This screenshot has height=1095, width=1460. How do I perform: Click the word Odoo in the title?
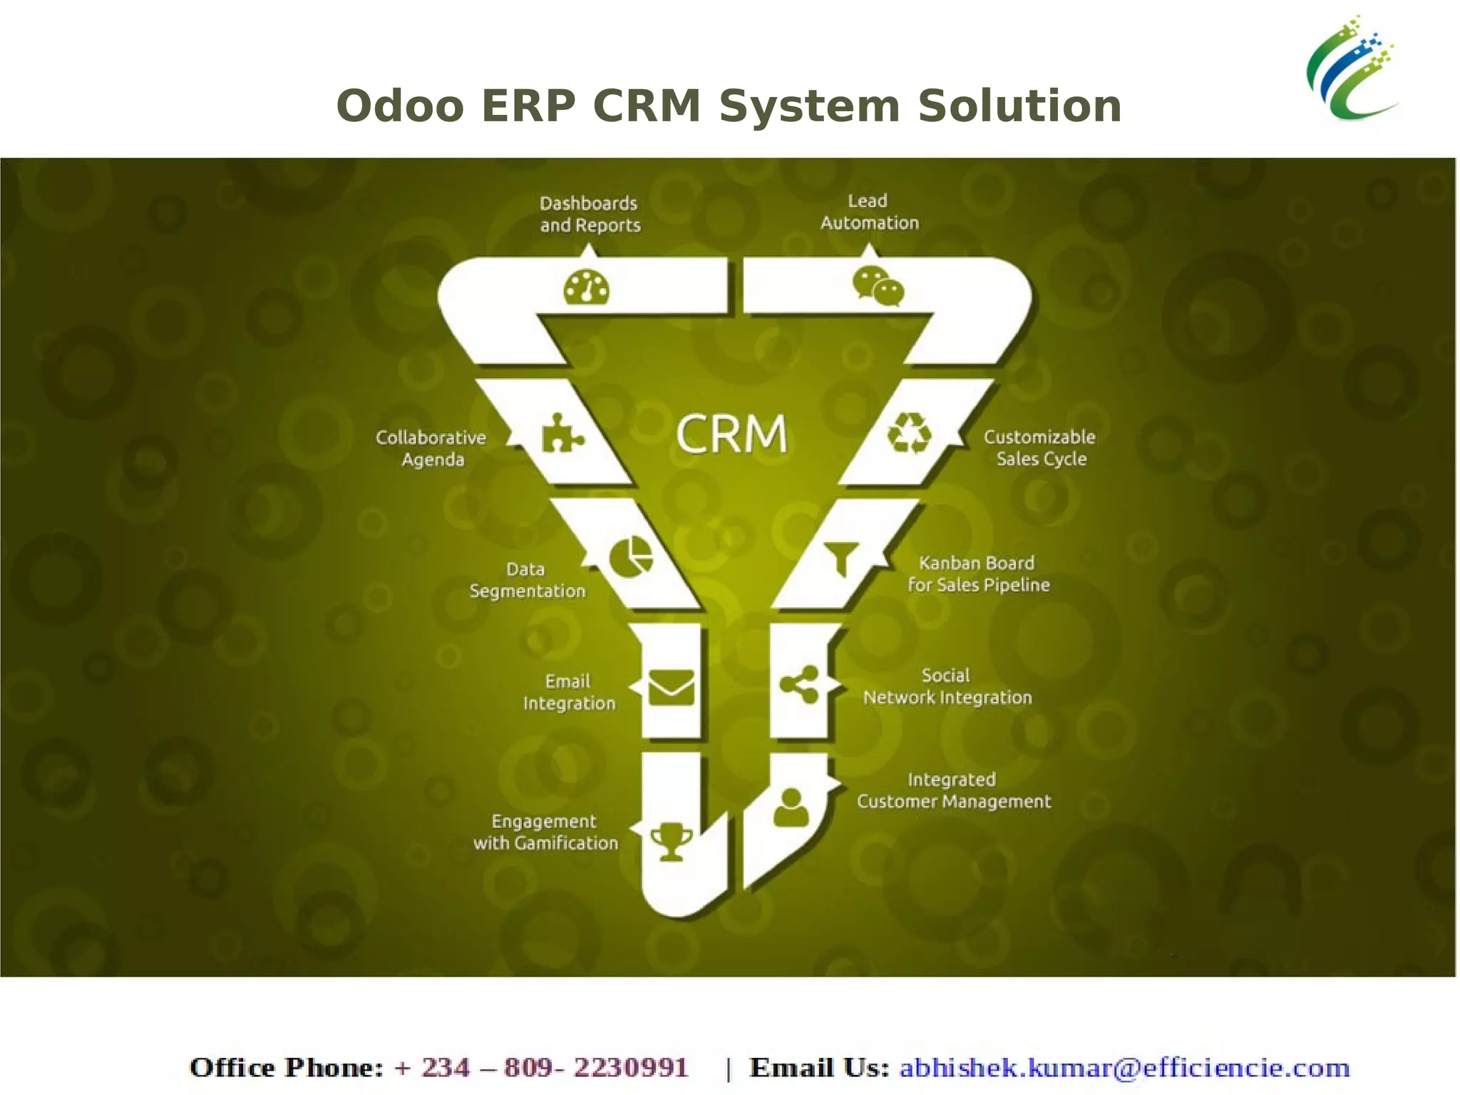click(x=400, y=106)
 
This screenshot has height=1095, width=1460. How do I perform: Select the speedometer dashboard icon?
click(x=586, y=287)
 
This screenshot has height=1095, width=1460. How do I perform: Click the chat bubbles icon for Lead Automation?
click(x=878, y=286)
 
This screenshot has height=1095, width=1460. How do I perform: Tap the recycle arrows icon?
click(x=909, y=433)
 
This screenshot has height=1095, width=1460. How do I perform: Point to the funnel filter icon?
click(x=841, y=557)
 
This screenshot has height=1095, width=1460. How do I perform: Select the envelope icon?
click(x=671, y=688)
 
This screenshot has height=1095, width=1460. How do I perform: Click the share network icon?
click(x=800, y=685)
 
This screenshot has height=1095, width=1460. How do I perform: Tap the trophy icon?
click(x=672, y=842)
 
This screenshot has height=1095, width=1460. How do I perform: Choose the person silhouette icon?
click(x=791, y=808)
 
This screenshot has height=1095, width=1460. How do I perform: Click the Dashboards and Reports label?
click(x=590, y=214)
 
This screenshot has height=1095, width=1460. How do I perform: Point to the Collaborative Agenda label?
click(x=431, y=448)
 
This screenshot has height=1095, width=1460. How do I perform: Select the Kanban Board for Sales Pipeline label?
click(x=978, y=574)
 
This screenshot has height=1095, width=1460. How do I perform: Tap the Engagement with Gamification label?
click(x=545, y=832)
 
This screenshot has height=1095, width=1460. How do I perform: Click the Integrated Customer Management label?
click(x=954, y=790)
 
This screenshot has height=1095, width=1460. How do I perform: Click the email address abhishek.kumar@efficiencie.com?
click(x=1124, y=1068)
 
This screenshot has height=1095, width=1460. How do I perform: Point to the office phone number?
click(x=541, y=1068)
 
